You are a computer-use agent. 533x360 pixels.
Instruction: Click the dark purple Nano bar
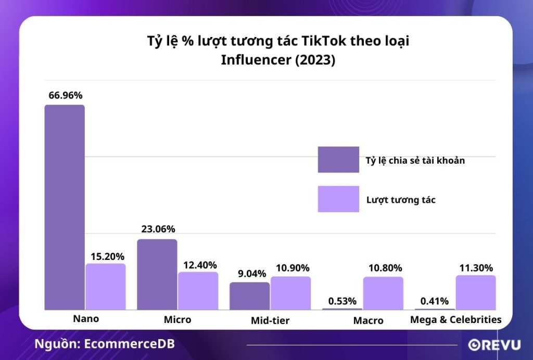65,207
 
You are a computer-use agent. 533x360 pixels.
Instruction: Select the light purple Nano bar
106,287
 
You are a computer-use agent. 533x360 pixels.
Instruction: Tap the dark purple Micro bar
157,275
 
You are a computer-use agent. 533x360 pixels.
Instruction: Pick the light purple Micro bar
198,291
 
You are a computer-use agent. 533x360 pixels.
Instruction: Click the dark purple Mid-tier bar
249,296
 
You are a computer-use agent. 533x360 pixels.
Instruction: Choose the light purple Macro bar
383,293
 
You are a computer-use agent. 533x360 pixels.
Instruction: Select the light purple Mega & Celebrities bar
476,292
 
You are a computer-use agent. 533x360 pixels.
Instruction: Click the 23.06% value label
158,229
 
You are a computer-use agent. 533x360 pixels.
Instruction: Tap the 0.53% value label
342,301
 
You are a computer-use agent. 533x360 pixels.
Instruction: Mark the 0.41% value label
434,301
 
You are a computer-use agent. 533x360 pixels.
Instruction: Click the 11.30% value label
476,268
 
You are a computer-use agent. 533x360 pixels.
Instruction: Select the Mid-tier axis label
270,320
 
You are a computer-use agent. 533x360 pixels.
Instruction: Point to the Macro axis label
368,320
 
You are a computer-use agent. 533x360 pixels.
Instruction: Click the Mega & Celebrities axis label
455,319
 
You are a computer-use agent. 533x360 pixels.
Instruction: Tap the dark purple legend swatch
338,159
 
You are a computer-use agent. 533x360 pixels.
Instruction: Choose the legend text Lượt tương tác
401,200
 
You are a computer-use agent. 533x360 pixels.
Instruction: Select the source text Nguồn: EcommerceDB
105,344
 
